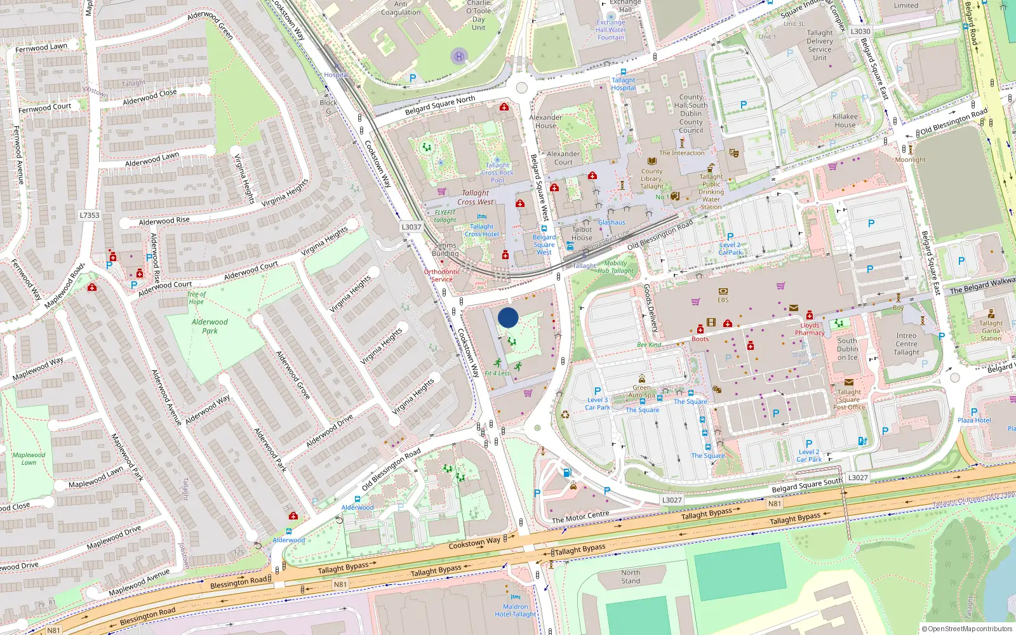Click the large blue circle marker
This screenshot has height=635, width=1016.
tap(508, 317)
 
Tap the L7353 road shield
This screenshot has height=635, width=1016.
tap(90, 215)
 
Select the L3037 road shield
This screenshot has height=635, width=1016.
tap(411, 227)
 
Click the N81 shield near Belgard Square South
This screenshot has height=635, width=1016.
tap(775, 504)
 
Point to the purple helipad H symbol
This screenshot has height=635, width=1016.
tap(459, 57)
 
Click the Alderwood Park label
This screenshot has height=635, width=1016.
tap(210, 326)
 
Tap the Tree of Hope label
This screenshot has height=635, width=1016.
tap(196, 298)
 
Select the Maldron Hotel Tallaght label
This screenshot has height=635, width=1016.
tap(516, 610)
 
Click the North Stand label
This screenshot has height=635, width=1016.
tap(631, 577)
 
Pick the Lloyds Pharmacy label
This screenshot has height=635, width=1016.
tap(810, 329)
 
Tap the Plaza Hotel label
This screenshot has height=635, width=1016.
tap(974, 420)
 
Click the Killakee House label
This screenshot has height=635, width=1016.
tap(845, 121)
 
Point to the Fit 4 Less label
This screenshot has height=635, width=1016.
tap(497, 373)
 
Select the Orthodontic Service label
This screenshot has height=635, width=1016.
tap(442, 275)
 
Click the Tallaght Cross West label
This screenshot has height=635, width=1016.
tap(476, 197)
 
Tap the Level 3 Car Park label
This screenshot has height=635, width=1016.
tap(597, 403)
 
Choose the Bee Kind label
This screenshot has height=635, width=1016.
tap(649, 345)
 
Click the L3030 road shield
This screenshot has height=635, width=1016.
tap(860, 31)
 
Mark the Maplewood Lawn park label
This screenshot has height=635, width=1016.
tap(29, 458)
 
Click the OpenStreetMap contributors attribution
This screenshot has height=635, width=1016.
tap(967, 629)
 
